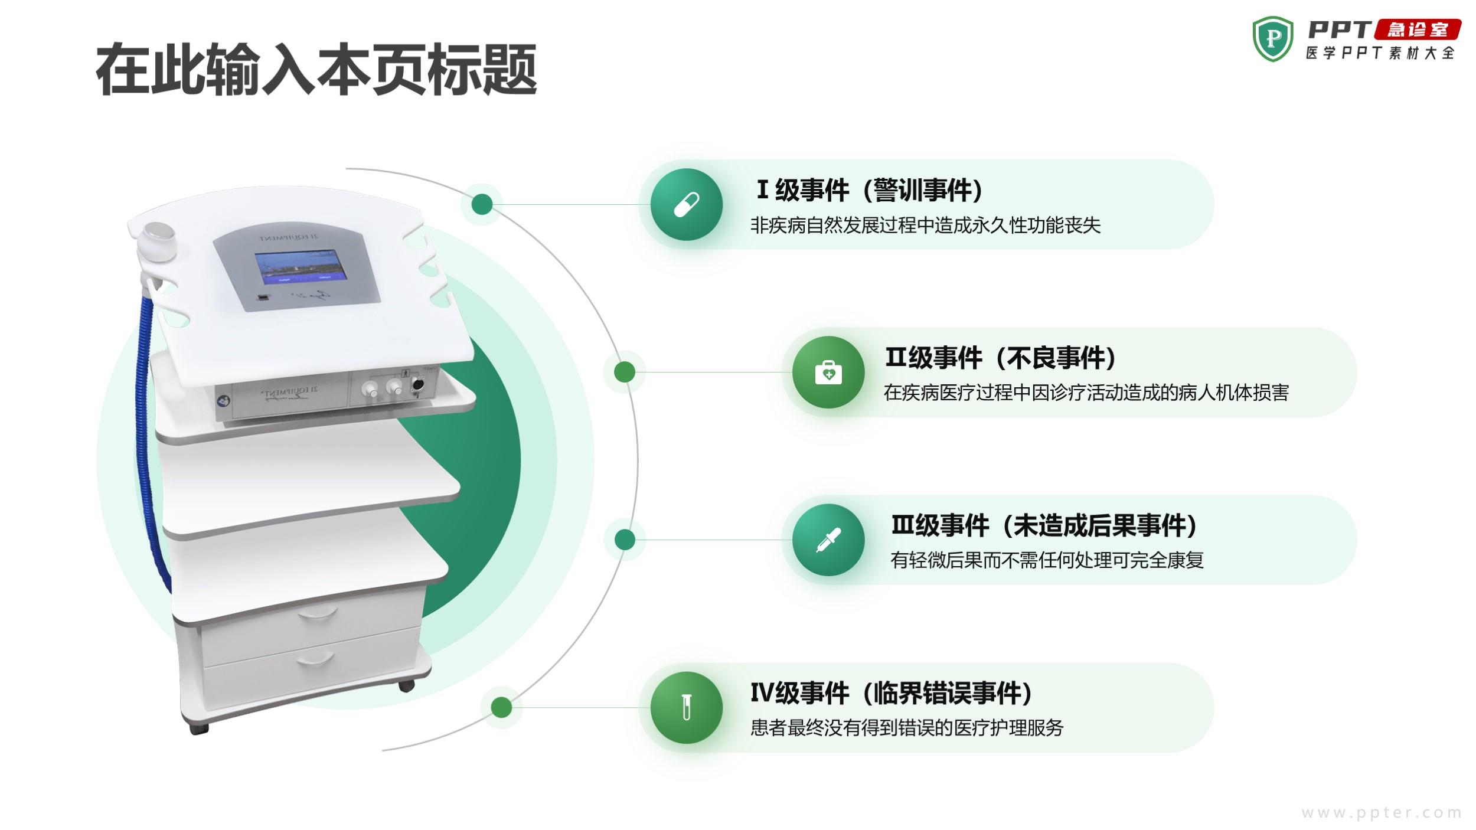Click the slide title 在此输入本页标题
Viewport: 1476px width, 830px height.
tap(316, 70)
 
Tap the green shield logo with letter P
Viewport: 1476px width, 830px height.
tap(1273, 39)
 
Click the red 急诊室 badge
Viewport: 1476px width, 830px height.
tap(1418, 30)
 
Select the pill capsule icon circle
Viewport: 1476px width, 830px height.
tap(687, 204)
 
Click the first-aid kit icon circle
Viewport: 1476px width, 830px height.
tap(828, 372)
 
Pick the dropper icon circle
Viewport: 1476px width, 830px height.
tap(828, 540)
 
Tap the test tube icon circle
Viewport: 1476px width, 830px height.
tap(687, 707)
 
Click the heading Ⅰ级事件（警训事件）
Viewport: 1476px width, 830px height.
tap(870, 190)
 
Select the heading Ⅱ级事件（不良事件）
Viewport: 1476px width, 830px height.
tap(1001, 358)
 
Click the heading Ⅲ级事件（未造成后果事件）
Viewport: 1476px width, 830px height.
tap(1044, 525)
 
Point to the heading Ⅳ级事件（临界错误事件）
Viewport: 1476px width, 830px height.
tap(892, 693)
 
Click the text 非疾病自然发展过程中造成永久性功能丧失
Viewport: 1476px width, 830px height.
tap(925, 225)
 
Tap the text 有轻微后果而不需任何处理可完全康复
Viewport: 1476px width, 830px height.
tap(1047, 560)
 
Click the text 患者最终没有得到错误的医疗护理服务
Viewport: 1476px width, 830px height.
tap(907, 727)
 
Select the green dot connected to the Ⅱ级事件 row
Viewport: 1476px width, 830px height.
tap(624, 372)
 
